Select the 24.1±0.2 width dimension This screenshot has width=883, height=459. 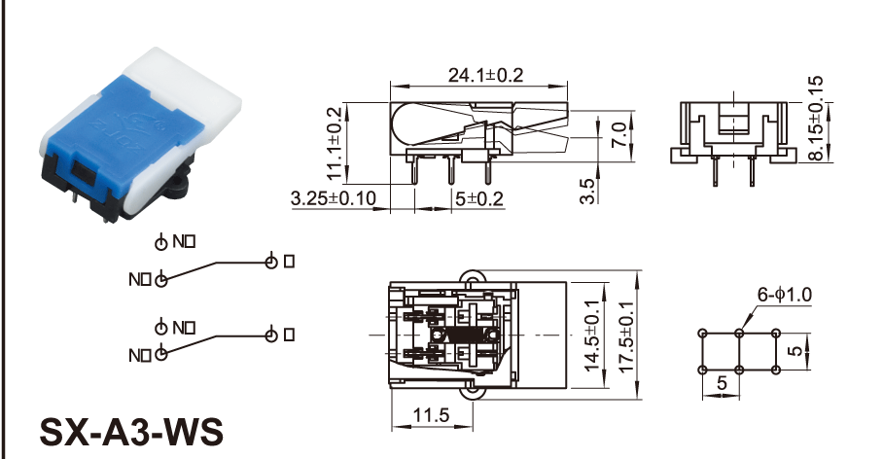(485, 74)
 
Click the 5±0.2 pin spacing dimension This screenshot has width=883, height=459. (479, 199)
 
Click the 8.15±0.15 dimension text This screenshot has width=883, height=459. (814, 118)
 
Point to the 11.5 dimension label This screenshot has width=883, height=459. (431, 416)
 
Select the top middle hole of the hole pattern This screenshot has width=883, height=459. (739, 333)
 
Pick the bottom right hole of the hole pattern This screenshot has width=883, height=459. (776, 371)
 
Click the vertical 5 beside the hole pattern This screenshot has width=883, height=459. (797, 351)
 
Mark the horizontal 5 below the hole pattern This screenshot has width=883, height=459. (722, 384)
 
